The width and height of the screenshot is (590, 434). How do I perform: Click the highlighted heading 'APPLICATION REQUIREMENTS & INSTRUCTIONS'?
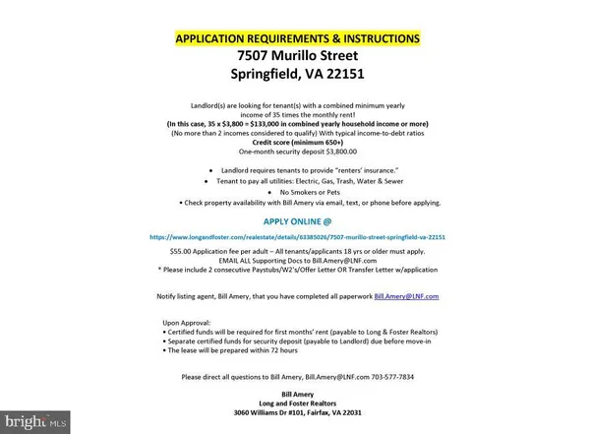coord(297,38)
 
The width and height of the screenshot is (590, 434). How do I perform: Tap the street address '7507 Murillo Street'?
coord(297,56)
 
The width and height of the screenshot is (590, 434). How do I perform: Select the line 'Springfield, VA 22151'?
coord(297,75)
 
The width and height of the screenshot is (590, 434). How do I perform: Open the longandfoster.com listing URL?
coord(297,237)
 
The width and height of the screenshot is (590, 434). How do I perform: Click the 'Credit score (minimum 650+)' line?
coord(297,142)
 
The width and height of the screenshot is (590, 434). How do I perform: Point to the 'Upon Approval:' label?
coord(186,322)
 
